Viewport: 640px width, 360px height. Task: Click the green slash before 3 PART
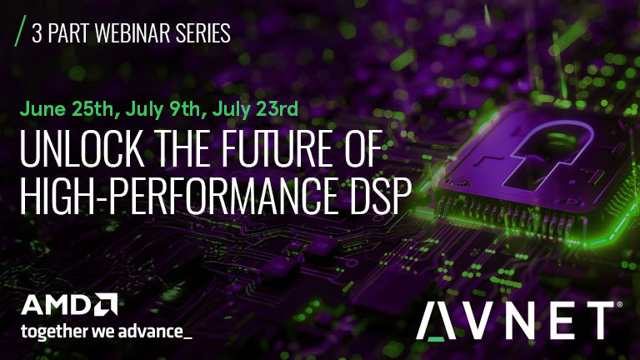(20, 31)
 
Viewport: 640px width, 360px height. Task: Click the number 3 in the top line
(37, 33)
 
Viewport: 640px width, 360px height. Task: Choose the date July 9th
(163, 109)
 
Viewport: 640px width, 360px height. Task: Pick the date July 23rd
(255, 109)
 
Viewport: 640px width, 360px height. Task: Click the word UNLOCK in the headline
(82, 148)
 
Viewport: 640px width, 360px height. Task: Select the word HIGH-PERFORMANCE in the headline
(178, 196)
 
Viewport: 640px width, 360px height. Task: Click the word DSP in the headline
(380, 196)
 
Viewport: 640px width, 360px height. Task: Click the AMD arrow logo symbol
(106, 304)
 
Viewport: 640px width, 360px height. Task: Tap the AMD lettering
(57, 305)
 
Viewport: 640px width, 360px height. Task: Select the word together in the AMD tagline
(55, 331)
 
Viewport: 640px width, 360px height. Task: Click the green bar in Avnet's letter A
(436, 338)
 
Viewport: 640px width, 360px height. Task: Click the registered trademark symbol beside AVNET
(619, 304)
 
